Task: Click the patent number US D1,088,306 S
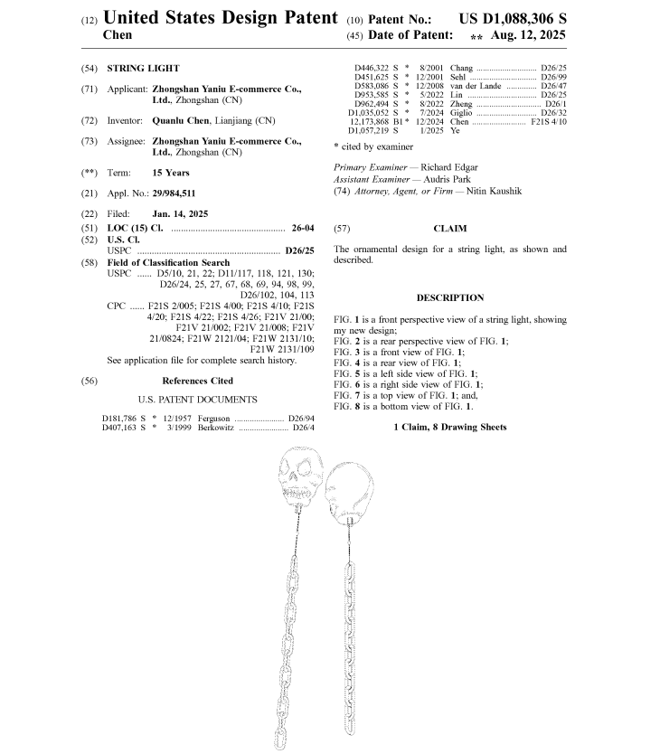point(513,19)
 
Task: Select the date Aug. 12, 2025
point(530,35)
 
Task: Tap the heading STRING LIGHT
point(143,68)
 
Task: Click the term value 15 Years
point(171,172)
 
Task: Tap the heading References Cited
point(197,381)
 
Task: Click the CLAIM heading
point(449,229)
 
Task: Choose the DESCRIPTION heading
point(449,297)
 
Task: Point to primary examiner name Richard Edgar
point(450,167)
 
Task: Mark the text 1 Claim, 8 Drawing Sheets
point(449,427)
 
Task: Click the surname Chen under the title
point(118,35)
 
